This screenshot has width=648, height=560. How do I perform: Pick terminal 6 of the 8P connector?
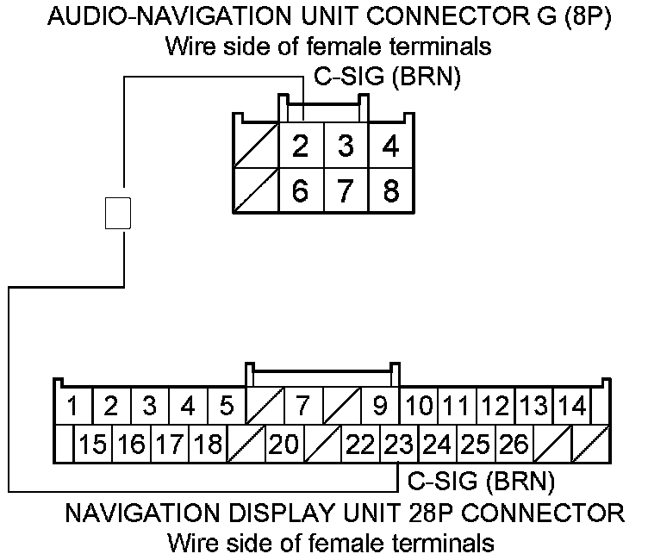click(300, 190)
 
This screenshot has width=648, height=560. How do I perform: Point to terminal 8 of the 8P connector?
click(390, 190)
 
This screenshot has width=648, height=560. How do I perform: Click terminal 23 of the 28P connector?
click(398, 445)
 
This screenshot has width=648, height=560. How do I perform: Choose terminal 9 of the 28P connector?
click(380, 404)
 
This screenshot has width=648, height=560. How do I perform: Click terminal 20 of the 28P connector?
click(283, 445)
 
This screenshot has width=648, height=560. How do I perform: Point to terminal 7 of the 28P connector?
click(302, 404)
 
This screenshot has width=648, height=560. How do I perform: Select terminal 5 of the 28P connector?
click(227, 404)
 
